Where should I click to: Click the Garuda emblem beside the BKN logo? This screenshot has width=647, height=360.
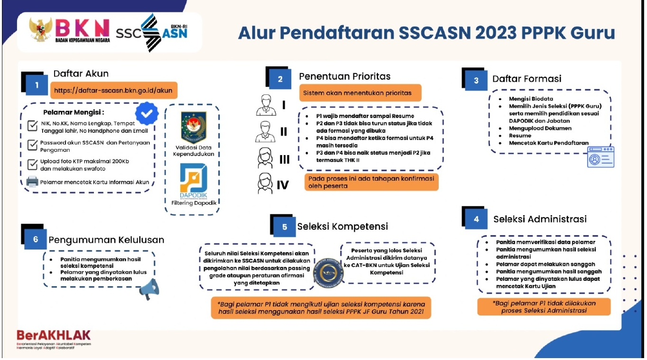[x=40, y=29]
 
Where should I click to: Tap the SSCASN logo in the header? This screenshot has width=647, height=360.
[x=152, y=32]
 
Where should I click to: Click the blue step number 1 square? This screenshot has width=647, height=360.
[x=37, y=85]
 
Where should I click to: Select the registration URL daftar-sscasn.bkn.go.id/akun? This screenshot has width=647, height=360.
[x=113, y=91]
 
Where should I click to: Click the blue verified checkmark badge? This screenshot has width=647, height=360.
[x=147, y=113]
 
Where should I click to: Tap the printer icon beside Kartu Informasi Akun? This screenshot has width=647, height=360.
[x=32, y=182]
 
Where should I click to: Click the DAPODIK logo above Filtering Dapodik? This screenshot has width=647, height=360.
[x=194, y=181]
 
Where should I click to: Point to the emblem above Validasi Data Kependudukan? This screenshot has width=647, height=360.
[x=194, y=127]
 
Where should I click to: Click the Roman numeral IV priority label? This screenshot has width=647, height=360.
[x=283, y=185]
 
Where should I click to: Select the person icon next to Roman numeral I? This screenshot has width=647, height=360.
[x=266, y=105]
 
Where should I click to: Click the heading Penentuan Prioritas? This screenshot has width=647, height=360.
[x=344, y=76]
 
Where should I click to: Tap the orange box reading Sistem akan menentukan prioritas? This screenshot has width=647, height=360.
[x=360, y=93]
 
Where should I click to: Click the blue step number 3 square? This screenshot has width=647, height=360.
[x=476, y=80]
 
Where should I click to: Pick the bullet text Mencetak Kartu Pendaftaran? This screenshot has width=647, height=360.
[x=548, y=143]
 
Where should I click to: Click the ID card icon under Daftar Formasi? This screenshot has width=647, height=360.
[x=601, y=157]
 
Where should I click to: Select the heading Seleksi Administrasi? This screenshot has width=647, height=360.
[x=540, y=219]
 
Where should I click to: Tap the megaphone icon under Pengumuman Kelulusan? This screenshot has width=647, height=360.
[x=149, y=289]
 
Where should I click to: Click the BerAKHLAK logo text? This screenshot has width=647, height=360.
[x=54, y=335]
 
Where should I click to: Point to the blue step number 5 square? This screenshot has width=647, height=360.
[x=285, y=227]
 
